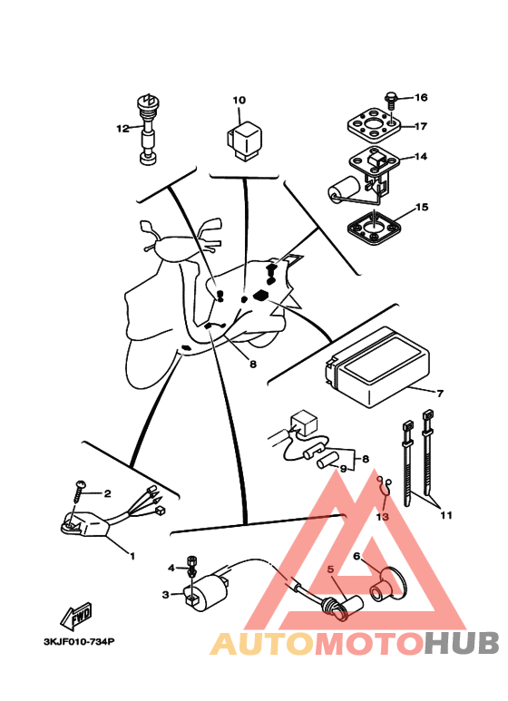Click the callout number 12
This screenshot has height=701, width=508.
coord(122,129)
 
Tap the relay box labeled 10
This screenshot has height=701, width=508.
coord(244,141)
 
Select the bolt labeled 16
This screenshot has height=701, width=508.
coord(391,100)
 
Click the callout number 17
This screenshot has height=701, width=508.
coord(421,127)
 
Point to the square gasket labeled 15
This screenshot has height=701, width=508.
coord(374,229)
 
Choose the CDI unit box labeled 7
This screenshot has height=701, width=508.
coord(378,366)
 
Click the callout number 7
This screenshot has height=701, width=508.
coord(440,393)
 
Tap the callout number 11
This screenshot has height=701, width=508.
coord(445,515)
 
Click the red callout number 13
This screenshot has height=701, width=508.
coord(382,516)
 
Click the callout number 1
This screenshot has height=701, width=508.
coord(132,556)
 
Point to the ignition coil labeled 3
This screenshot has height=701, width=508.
coord(205,588)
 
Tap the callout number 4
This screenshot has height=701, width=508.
coord(171,568)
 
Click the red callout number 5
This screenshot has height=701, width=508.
coord(330,570)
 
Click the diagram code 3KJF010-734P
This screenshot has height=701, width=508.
coord(79,642)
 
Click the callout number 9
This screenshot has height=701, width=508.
coord(343,469)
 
